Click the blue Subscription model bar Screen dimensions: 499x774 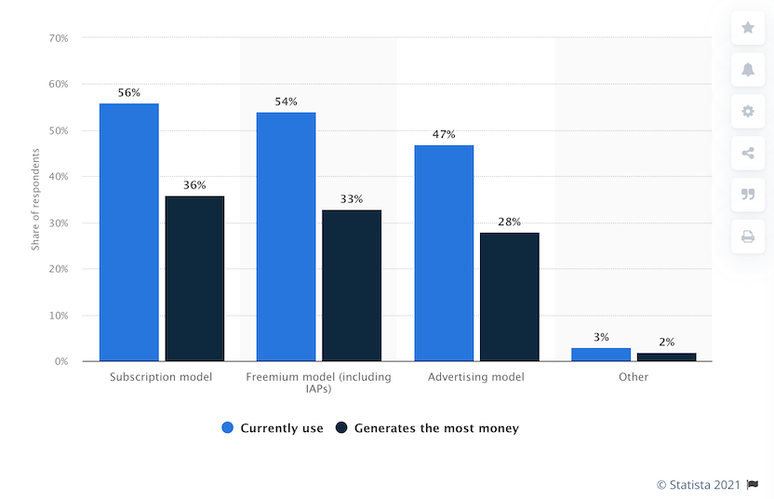129,232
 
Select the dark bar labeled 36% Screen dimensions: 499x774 194,278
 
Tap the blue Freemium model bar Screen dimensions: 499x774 286,236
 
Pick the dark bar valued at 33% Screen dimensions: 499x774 352,285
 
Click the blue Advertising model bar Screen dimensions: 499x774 444,252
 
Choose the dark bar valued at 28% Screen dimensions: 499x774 509,296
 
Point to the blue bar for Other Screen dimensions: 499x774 601,355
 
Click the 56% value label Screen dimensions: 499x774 129,93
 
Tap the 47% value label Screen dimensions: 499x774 444,135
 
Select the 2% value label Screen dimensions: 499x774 666,343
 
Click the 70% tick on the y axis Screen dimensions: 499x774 59,38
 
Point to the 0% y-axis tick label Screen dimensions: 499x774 61,361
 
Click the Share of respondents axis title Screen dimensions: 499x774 35,200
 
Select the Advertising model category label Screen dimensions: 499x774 476,377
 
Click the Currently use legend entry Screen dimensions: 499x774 273,428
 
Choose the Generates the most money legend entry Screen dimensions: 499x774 427,428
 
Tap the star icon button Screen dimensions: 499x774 748,28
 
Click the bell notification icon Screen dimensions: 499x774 748,70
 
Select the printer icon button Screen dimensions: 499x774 748,236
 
